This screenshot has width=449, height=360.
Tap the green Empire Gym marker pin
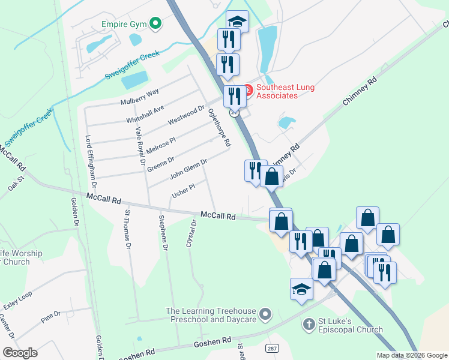(x=155, y=24)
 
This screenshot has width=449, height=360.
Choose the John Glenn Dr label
(x=188, y=169)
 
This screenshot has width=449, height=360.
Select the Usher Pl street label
(x=184, y=191)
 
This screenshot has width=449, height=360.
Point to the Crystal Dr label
(x=191, y=233)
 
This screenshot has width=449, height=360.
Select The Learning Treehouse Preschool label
(x=211, y=315)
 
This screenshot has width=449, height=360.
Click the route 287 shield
(x=273, y=349)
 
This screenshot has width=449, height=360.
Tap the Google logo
(x=20, y=353)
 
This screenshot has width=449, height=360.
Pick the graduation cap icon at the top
(x=237, y=22)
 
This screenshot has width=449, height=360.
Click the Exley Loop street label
(x=17, y=302)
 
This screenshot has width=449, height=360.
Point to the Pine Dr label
(x=50, y=317)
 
